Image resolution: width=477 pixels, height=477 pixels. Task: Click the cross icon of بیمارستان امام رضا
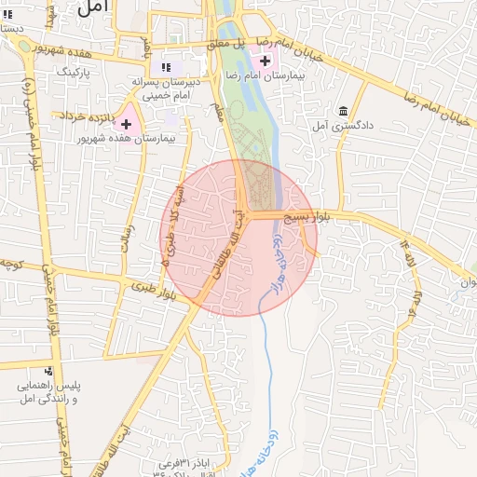[x=266, y=61]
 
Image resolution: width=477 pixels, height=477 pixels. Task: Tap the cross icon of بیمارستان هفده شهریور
[x=126, y=124]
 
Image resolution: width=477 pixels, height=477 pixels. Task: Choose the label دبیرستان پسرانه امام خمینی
[x=168, y=88]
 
